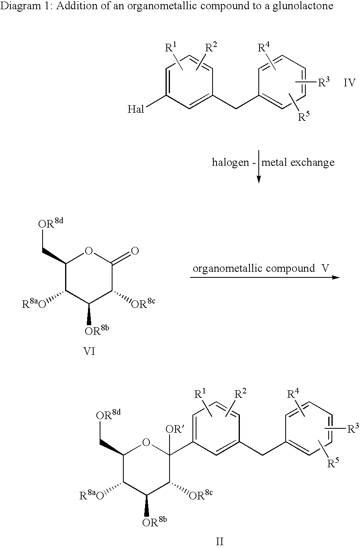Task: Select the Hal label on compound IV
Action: [135, 109]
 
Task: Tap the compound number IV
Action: [349, 83]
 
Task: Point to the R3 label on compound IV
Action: [324, 82]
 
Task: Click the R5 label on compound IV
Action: [304, 116]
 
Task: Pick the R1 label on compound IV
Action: [171, 47]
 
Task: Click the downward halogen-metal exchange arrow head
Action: [259, 179]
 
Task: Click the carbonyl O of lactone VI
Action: [135, 251]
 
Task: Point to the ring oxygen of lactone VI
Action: [89, 251]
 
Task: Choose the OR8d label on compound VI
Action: [51, 223]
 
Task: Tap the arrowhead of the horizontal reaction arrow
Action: [336, 277]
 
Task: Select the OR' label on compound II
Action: [175, 429]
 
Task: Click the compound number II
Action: [220, 542]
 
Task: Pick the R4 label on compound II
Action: [293, 394]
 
